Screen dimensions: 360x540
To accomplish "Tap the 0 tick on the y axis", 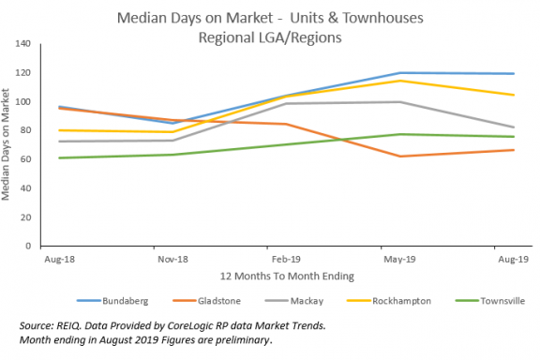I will (x=29, y=246).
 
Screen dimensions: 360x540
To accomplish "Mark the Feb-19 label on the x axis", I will (x=286, y=255).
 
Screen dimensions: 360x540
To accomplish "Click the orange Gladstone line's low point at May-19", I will (x=400, y=157).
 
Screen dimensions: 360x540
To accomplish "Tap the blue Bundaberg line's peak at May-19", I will (x=400, y=73).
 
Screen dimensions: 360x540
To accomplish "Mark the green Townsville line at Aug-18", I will (x=59, y=157).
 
